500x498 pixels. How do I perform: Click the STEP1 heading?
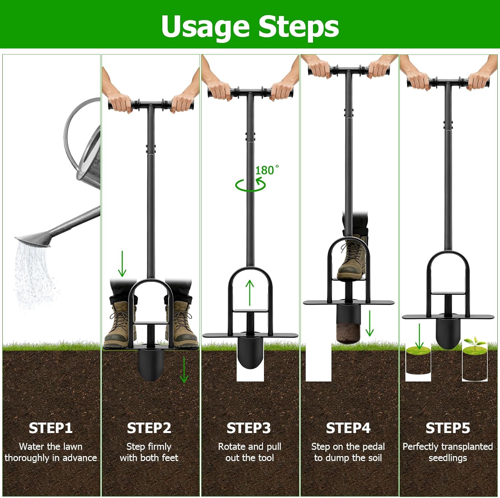(51, 428)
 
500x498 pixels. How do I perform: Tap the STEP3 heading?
(249, 428)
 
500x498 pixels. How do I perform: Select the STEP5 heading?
(448, 428)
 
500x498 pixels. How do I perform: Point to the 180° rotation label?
(267, 170)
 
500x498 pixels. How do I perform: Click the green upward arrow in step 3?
(250, 293)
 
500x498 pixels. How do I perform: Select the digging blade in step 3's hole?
(250, 353)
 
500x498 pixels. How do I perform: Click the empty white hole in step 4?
(318, 363)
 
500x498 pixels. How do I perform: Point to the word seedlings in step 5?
(448, 458)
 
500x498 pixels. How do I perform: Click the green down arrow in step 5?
(419, 336)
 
